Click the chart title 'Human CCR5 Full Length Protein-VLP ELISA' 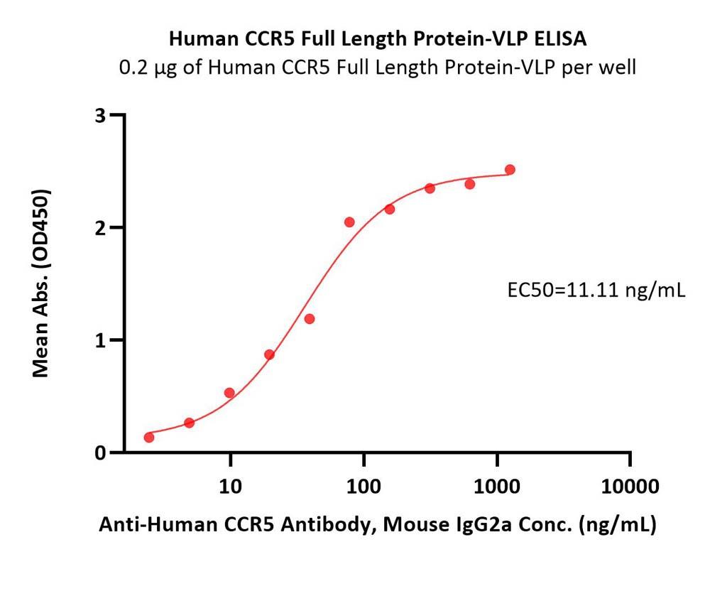[377, 39]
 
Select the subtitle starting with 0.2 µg [377, 67]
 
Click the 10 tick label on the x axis [229, 487]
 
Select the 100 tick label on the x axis [363, 487]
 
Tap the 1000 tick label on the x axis [496, 487]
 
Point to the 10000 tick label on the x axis [630, 487]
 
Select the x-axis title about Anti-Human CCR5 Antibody [377, 525]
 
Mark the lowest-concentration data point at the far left [149, 437]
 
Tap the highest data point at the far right [510, 170]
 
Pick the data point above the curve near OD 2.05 [349, 222]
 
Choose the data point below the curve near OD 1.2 [310, 319]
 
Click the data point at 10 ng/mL [229, 393]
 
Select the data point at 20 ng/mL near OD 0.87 [269, 354]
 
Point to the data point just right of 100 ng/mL [390, 209]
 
